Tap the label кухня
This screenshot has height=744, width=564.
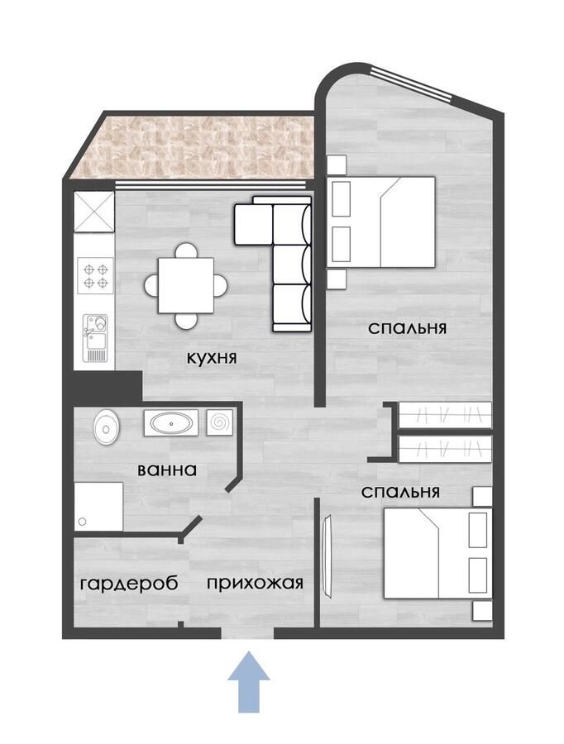pyautogui.click(x=213, y=359)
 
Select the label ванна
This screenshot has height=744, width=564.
pyautogui.click(x=167, y=470)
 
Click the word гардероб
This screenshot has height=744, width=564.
pyautogui.click(x=129, y=583)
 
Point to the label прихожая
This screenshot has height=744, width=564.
pyautogui.click(x=255, y=583)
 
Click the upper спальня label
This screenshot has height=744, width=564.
pyautogui.click(x=407, y=327)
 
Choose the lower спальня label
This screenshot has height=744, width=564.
pyautogui.click(x=400, y=492)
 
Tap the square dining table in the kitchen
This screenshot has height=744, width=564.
pyautogui.click(x=186, y=285)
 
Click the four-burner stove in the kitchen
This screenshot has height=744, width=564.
pyautogui.click(x=94, y=275)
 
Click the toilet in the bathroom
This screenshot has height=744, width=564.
pyautogui.click(x=107, y=427)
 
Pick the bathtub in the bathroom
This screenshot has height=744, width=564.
pyautogui.click(x=171, y=423)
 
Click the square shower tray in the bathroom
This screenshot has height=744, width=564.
pyautogui.click(x=98, y=506)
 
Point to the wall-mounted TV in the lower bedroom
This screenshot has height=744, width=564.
pyautogui.click(x=327, y=555)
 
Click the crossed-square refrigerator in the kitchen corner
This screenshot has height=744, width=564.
pyautogui.click(x=93, y=212)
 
